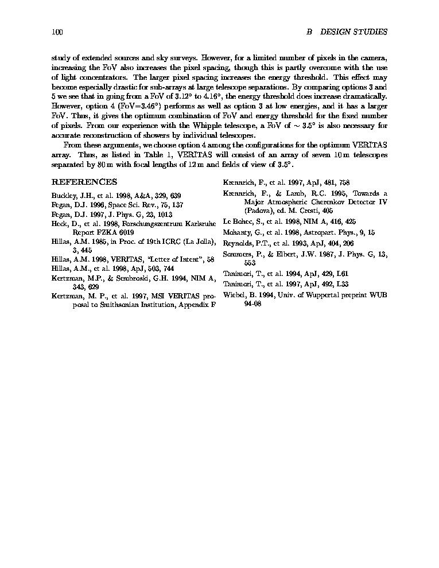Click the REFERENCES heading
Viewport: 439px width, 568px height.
pyautogui.click(x=84, y=182)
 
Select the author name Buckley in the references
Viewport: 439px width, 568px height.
pyautogui.click(x=63, y=195)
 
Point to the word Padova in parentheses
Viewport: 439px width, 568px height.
pyautogui.click(x=258, y=211)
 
